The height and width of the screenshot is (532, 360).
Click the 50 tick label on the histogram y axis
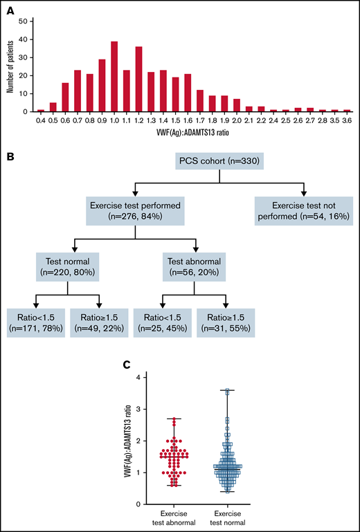click(24, 21)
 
